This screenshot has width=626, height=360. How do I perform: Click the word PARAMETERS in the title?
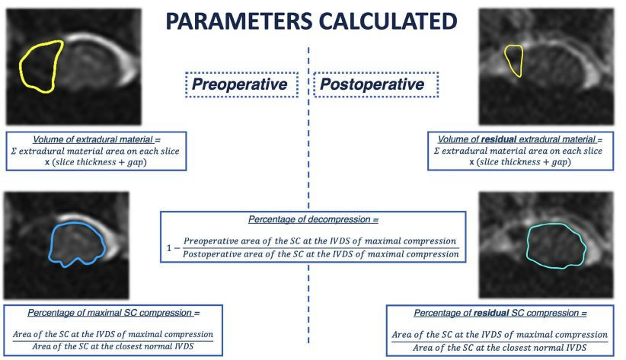point(238,21)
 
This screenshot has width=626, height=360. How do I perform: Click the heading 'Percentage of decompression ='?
point(313,219)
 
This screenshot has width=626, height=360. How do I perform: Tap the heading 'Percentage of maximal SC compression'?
point(113,313)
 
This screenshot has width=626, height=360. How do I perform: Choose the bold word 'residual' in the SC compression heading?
point(489,313)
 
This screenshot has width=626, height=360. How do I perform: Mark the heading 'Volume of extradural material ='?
point(96,139)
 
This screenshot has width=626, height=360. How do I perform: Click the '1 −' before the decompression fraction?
point(174,248)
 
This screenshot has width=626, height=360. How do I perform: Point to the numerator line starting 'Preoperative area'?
point(320,241)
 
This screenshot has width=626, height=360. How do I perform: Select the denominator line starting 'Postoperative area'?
point(321,254)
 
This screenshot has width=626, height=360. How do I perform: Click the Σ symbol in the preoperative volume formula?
point(14,151)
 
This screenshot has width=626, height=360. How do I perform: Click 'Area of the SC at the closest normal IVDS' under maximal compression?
point(113,346)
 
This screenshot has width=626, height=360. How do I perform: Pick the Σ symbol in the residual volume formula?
point(436,151)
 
